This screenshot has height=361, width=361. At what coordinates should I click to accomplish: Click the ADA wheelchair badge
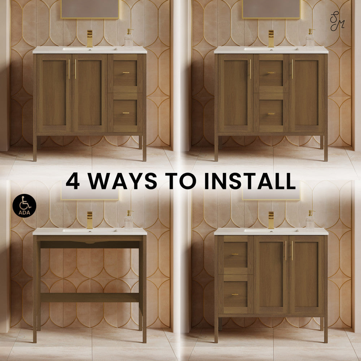click(25, 206)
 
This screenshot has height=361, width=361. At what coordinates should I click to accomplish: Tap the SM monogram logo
click(337, 21)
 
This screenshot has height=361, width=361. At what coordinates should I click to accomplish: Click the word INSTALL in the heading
click(250, 181)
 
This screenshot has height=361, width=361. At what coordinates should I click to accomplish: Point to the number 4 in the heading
click(73, 181)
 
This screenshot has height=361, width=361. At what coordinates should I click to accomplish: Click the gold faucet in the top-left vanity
click(90, 39)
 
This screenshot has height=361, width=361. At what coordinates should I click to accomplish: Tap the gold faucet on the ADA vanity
click(90, 220)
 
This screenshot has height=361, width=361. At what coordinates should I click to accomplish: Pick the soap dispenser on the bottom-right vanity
click(310, 219)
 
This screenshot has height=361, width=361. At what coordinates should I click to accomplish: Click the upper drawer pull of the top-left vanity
click(126, 73)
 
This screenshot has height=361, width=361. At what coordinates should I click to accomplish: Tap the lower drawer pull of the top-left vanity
click(126, 113)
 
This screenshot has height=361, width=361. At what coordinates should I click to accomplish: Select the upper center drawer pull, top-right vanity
click(271, 73)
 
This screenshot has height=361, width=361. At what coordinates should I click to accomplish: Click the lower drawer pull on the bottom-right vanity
click(235, 295)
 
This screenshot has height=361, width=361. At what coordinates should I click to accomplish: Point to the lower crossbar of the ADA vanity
click(90, 297)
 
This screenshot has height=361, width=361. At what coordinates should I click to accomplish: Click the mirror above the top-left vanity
click(90, 9)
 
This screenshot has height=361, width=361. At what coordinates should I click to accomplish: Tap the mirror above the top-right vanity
click(271, 9)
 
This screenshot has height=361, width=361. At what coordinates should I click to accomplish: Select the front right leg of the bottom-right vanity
click(326, 329)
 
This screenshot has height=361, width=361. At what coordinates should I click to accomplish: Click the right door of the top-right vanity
click(306, 93)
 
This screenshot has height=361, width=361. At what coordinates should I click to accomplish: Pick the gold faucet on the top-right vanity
click(271, 39)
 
